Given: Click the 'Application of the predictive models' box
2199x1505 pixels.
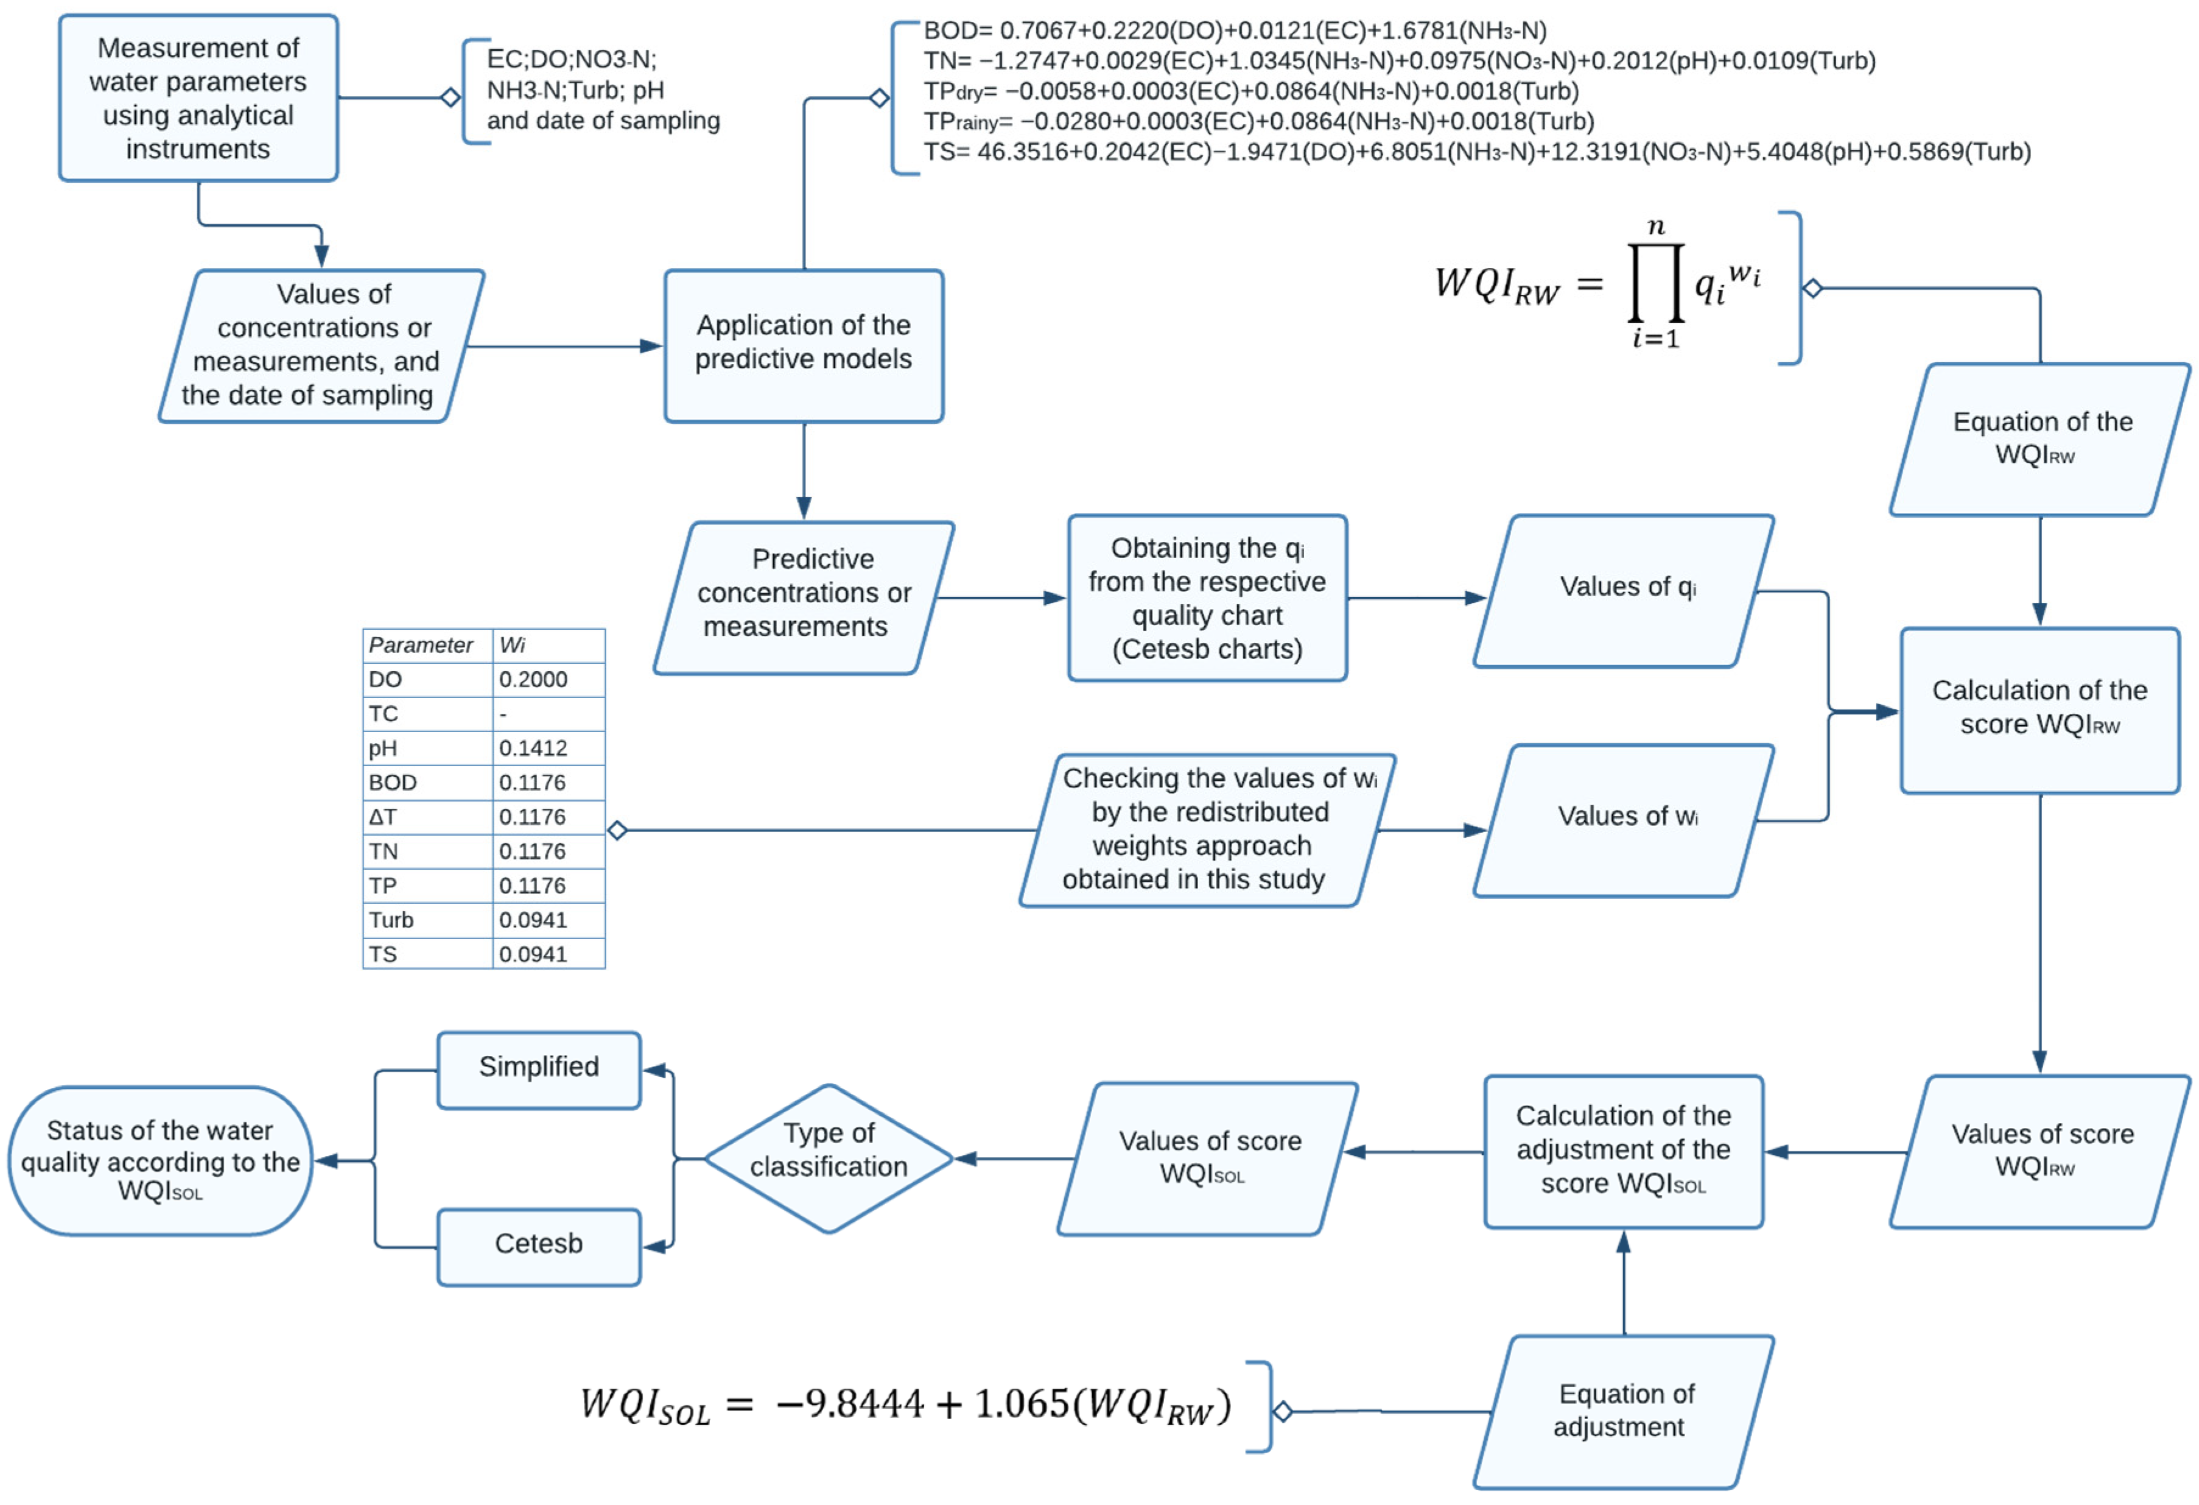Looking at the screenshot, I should [x=804, y=345].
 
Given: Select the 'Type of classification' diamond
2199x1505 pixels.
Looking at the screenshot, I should [x=828, y=1158].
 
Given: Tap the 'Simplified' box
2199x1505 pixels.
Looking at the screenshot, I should [x=538, y=1070].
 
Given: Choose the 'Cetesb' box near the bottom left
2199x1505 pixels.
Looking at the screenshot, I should [x=538, y=1246].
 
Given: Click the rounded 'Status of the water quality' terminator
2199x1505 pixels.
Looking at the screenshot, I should [x=161, y=1160].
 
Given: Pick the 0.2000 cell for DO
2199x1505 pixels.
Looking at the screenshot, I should [x=547, y=680].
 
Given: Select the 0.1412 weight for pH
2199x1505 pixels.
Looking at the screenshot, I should [x=547, y=749].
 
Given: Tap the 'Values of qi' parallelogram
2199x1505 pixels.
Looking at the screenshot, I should [x=1624, y=591].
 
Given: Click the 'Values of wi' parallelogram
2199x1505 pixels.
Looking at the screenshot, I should [x=1624, y=820].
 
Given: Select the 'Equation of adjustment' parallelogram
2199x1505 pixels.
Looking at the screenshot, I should [x=1624, y=1411].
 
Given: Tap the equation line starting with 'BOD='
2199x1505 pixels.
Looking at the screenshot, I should [x=1234, y=31].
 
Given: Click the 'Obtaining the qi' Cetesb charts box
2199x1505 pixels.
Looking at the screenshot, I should [x=1207, y=598].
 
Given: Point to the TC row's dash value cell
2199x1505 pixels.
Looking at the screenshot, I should [x=547, y=714].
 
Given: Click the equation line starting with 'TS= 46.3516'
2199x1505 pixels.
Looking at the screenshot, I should [x=1476, y=152].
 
